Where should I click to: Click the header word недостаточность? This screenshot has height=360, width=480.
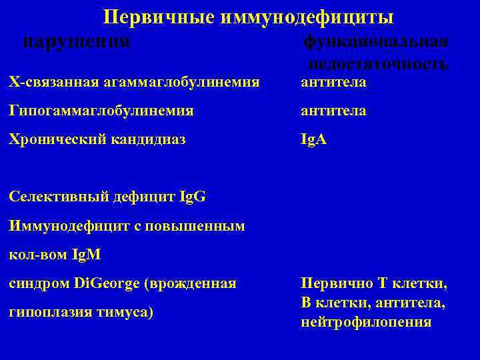click(x=378, y=63)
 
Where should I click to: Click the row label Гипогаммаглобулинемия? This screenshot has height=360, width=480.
click(x=101, y=111)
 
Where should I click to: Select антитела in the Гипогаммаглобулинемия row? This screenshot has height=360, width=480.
click(x=333, y=111)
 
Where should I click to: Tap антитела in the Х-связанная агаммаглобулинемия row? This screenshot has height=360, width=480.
click(x=333, y=82)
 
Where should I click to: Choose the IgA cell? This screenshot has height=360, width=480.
click(x=314, y=140)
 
